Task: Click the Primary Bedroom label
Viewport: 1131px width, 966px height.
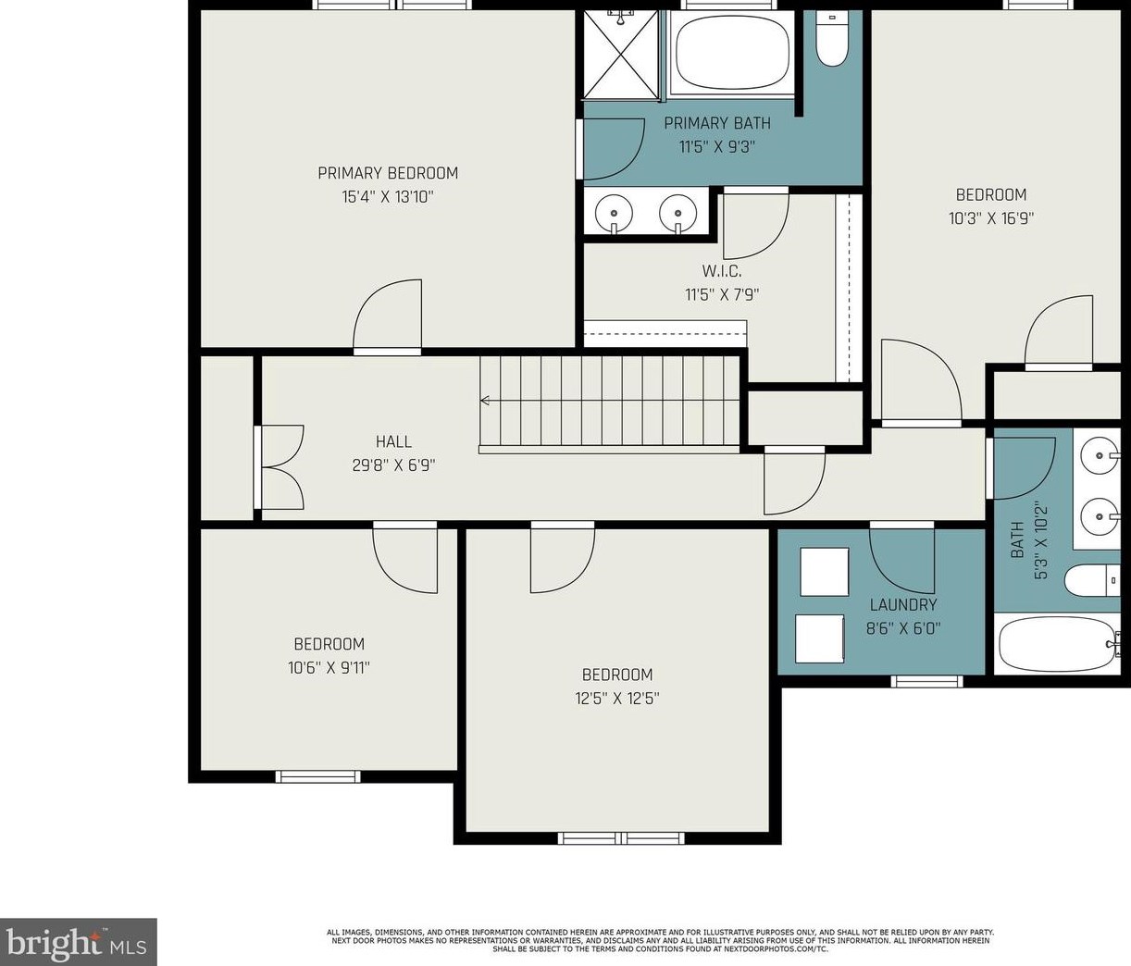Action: [388, 173]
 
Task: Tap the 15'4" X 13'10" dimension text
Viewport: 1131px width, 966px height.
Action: [388, 196]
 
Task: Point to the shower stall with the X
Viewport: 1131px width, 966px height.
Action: [621, 55]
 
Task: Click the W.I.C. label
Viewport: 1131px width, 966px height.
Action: [722, 271]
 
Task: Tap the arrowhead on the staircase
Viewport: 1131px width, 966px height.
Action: [485, 401]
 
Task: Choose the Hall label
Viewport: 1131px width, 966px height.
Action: [394, 441]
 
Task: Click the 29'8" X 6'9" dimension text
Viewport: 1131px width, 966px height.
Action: [394, 465]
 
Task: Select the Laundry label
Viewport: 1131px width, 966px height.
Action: [903, 604]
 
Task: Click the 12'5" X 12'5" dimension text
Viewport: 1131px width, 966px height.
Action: [617, 699]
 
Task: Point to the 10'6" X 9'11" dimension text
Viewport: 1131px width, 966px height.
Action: [329, 668]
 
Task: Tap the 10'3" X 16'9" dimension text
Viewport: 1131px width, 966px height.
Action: [991, 218]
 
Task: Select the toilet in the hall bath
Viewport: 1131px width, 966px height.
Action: [1092, 580]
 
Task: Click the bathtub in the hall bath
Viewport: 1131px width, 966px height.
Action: [1058, 643]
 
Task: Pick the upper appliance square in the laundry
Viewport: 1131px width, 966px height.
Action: [824, 572]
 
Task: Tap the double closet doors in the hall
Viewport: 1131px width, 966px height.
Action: [280, 467]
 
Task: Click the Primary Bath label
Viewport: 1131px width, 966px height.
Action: [717, 123]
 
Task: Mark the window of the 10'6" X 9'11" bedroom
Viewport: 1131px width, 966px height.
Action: [317, 776]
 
